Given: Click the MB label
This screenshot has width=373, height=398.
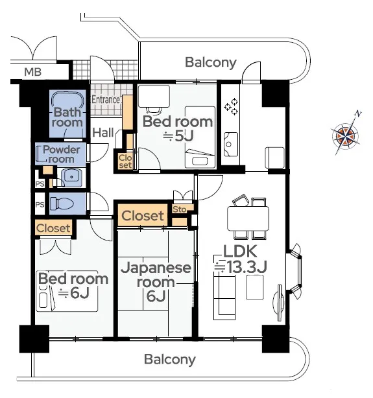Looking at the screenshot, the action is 33,72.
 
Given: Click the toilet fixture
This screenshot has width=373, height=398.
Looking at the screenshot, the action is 62,204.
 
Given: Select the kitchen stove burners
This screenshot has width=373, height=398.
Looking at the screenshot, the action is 231,106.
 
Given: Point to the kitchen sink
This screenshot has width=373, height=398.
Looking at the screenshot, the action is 231,145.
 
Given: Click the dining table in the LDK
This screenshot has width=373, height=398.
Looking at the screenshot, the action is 248,218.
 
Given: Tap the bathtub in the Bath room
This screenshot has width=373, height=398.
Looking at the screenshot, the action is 67,102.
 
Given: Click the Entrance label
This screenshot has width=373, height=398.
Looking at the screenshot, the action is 106,100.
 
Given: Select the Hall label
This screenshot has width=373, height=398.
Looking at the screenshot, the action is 103,132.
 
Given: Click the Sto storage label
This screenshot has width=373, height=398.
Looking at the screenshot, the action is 180,209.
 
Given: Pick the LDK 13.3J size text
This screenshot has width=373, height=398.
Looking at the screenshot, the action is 241,267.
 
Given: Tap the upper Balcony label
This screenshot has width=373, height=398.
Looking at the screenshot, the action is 211,62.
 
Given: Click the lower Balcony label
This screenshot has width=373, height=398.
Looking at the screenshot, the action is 170,359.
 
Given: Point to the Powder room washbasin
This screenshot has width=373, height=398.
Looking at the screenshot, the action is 71,177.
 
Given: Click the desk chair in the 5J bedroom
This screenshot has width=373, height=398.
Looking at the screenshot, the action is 154,110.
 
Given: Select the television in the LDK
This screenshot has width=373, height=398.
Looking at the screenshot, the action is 279,303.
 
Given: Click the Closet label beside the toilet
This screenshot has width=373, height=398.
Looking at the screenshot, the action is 53,228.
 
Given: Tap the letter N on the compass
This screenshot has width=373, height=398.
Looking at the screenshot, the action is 358,114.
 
